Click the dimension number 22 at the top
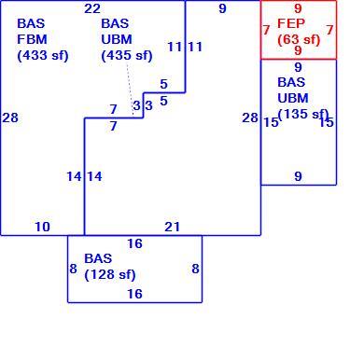coord(92,8)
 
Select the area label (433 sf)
coord(43,56)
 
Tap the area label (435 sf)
coord(127,56)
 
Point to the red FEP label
coord(291,23)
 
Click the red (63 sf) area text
coord(299,39)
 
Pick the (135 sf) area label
coord(303,114)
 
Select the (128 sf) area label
coord(110,274)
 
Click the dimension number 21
coord(173,227)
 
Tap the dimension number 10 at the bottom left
coord(42,227)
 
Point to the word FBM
coord(32,39)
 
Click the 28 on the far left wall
coord(10,118)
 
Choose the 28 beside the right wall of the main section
coord(250,118)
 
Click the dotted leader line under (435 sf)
coord(130,90)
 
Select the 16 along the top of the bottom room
coord(134,243)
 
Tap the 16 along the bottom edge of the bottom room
coord(134,294)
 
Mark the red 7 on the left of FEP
coord(266,30)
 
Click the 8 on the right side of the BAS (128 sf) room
coord(195,269)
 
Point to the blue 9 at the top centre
coord(222,8)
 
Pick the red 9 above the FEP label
coord(298,8)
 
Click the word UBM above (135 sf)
coord(293,98)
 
